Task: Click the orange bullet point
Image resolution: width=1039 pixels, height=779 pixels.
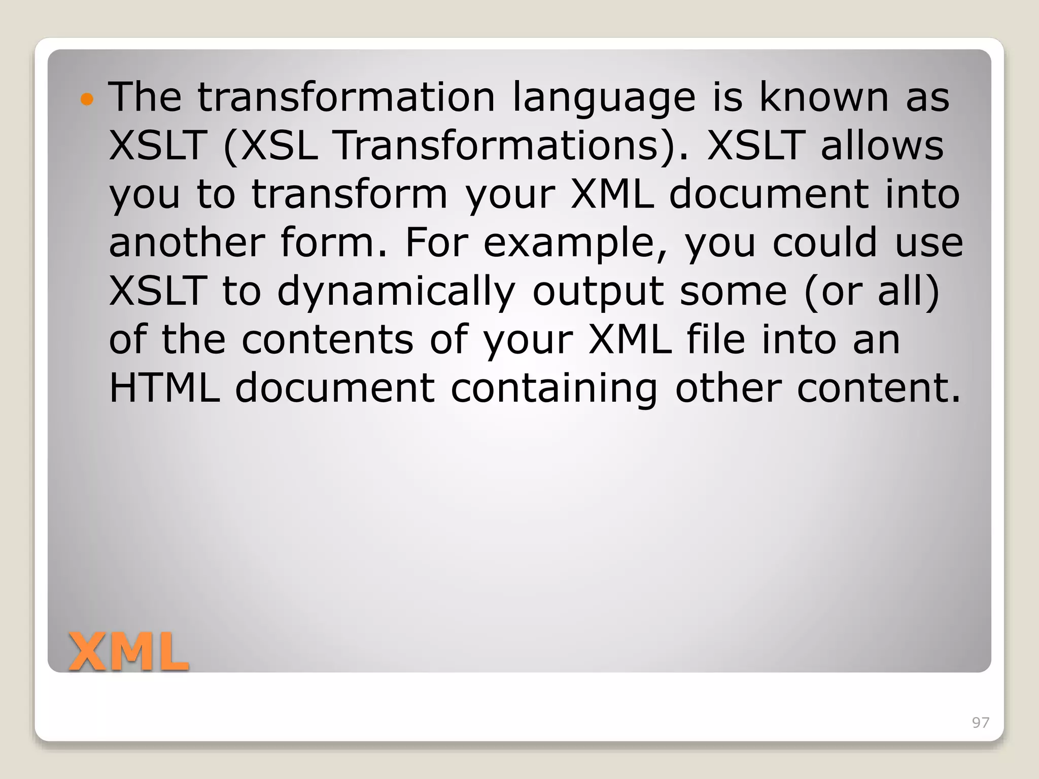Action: click(x=87, y=99)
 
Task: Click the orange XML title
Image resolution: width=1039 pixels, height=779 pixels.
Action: click(x=128, y=652)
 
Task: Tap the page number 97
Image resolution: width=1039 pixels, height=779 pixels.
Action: click(x=980, y=723)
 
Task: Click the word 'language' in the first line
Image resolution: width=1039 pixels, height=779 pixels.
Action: click(x=604, y=97)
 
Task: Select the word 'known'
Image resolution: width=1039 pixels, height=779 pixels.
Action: click(x=823, y=97)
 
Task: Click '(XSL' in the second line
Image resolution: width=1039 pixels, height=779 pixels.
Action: click(x=270, y=146)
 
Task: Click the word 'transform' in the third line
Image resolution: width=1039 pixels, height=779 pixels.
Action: click(x=350, y=194)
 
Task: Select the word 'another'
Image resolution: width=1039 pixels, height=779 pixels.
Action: click(x=186, y=242)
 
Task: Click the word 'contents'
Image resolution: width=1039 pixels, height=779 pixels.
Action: click(x=327, y=340)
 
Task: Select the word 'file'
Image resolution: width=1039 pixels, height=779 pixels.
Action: click(x=716, y=340)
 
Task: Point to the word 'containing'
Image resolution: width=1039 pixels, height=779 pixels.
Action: click(x=553, y=388)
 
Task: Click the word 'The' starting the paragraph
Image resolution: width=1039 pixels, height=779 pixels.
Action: click(x=145, y=97)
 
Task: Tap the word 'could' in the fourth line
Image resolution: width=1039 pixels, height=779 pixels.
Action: click(x=825, y=242)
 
